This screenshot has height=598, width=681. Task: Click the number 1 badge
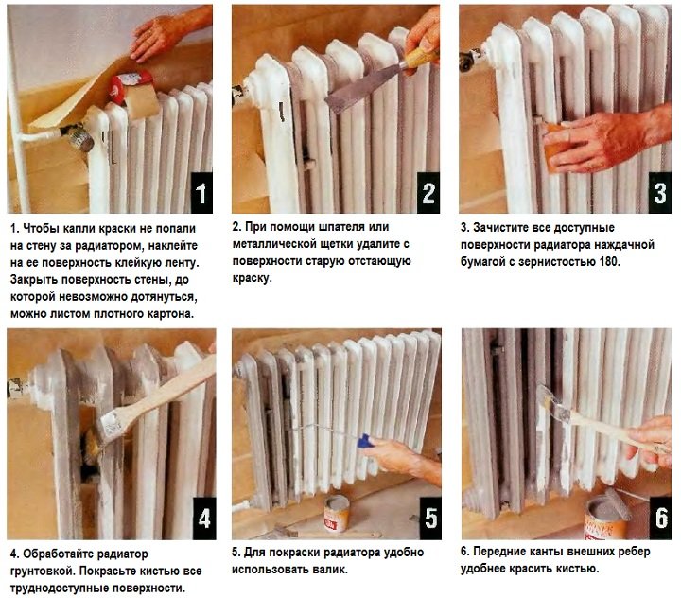[x=200, y=196]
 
